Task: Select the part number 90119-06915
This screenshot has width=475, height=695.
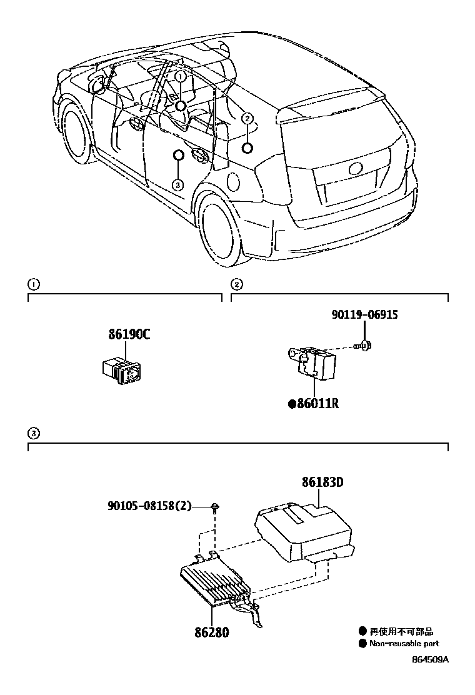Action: tap(364, 315)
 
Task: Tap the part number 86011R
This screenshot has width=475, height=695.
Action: tap(317, 404)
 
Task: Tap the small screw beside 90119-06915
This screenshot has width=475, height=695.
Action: tap(366, 344)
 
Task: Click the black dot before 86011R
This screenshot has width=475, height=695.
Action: tap(292, 404)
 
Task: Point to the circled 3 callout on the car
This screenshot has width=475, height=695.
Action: tap(178, 184)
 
